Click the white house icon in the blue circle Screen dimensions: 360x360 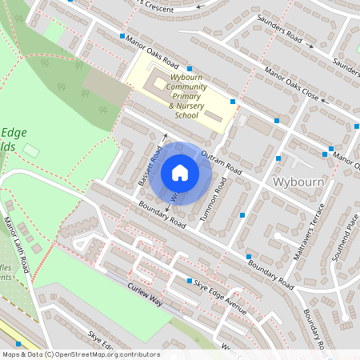pos(180,173)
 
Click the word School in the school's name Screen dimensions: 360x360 pos(186,115)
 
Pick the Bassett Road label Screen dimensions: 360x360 pos(150,166)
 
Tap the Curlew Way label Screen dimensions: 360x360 pos(143,301)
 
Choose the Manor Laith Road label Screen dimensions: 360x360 pos(16,244)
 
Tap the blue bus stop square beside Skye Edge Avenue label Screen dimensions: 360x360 pos(190,282)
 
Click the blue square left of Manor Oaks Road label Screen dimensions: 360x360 pos(122,36)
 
